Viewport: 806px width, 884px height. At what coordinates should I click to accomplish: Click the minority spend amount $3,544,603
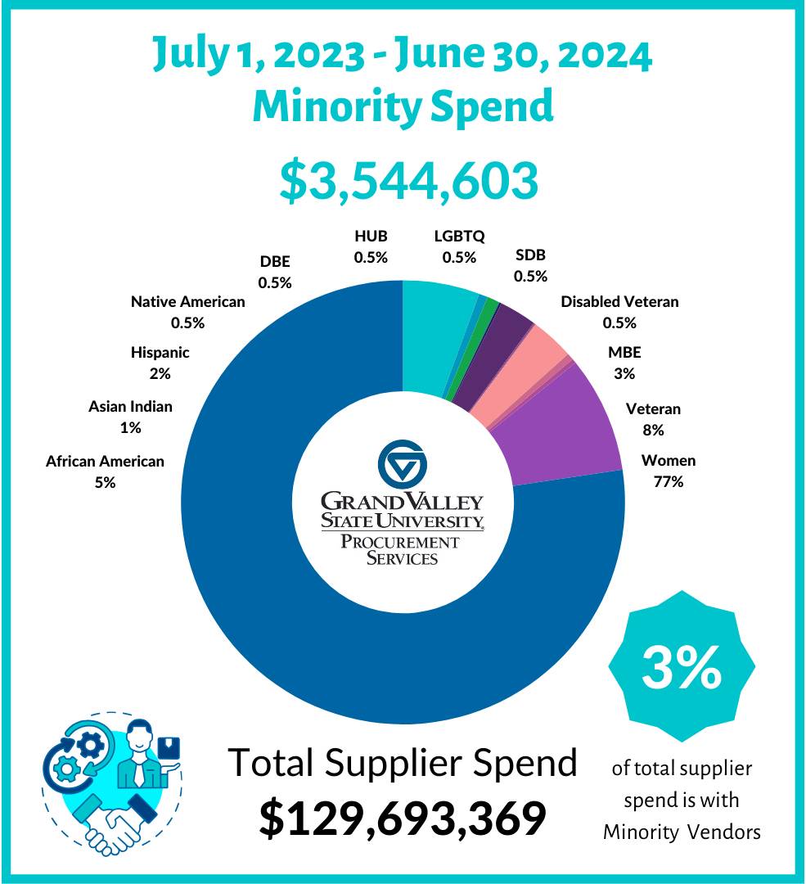[x=408, y=181]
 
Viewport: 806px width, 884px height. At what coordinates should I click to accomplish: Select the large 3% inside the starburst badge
[x=682, y=669]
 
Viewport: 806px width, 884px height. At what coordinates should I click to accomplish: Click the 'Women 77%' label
[x=668, y=471]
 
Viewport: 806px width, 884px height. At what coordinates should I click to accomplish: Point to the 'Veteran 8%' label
[x=653, y=419]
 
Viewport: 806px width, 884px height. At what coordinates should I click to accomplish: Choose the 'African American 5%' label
[x=105, y=471]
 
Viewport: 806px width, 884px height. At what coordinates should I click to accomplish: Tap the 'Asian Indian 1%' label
[x=130, y=417]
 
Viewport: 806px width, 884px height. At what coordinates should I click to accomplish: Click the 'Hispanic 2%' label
[x=160, y=363]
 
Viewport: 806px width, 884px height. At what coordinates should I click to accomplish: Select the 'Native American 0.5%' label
[x=187, y=312]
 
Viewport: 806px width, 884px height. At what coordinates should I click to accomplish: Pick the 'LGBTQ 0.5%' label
[x=459, y=246]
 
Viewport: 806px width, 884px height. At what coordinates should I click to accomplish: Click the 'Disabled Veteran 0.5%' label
[x=619, y=312]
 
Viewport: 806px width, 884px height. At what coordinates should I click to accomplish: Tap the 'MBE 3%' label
[x=624, y=363]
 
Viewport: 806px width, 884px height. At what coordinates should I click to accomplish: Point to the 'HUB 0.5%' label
[x=371, y=246]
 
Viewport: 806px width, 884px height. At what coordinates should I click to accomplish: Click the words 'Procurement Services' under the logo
[x=401, y=550]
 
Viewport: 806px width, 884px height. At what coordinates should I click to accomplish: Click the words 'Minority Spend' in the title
[x=403, y=106]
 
